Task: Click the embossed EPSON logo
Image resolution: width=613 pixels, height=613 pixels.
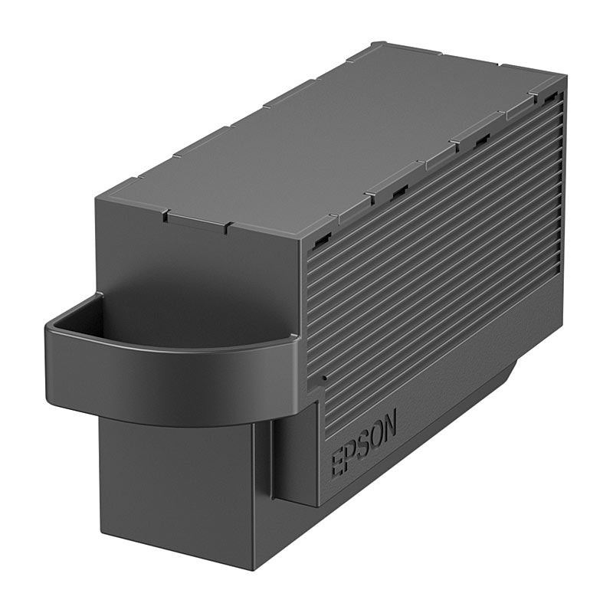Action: [x=363, y=442]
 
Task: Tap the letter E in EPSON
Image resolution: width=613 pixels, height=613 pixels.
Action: [x=337, y=464]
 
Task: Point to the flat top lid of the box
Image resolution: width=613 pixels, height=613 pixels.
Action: [x=329, y=146]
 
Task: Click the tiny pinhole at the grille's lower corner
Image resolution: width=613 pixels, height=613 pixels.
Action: [x=323, y=378]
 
